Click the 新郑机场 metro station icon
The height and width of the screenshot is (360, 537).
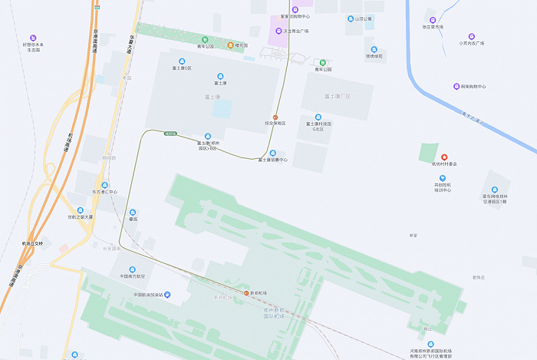pyautogui.click(x=245, y=293)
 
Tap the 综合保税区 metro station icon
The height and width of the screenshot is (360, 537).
pyautogui.click(x=275, y=117)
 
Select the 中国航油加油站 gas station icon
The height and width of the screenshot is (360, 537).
pyautogui.click(x=168, y=296)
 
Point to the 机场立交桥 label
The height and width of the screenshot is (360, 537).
pyautogui.click(x=32, y=243)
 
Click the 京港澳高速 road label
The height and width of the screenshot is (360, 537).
pyautogui.click(x=97, y=38)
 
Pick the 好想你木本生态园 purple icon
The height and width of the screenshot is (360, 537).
pyautogui.click(x=32, y=38)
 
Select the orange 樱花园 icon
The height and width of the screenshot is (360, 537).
pyautogui.click(x=232, y=46)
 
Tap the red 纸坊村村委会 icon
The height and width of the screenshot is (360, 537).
pyautogui.click(x=443, y=157)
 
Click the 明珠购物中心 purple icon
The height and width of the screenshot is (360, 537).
pyautogui.click(x=456, y=87)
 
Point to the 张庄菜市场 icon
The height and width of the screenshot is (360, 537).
pyautogui.click(x=432, y=20)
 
